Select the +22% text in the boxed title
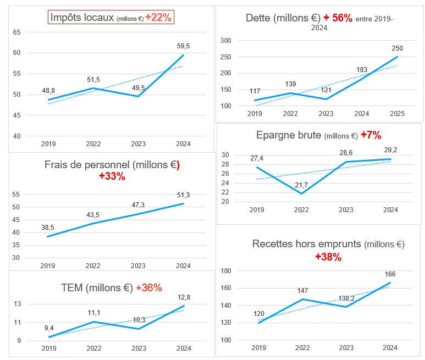pos(159,18)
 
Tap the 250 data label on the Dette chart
pos(398,48)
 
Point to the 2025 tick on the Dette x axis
pos(398,114)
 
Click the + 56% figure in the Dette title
pos(338,18)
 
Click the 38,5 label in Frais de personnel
pos(48,226)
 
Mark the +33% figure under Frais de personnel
pos(112,176)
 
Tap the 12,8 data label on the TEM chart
pos(183,297)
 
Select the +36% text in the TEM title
pos(148,288)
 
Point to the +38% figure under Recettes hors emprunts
pos(328,257)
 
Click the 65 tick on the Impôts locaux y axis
pos(16,32)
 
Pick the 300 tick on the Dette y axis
pos(225,41)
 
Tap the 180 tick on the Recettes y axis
pos(225,271)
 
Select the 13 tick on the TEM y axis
pos(17,304)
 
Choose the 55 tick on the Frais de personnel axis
pos(16,195)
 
